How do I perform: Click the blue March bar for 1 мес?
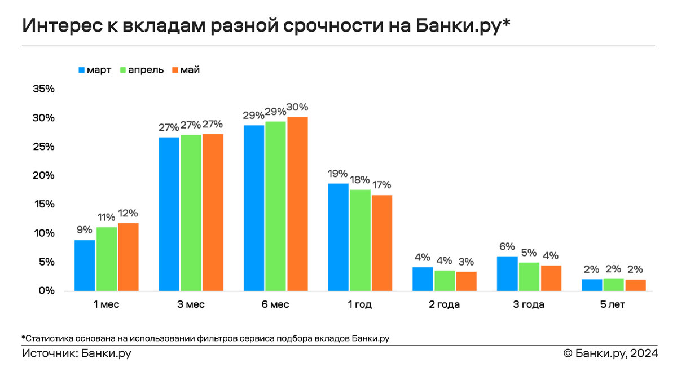coord(85,266)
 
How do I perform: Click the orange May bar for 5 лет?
coord(635,285)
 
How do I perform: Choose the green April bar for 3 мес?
coord(191,213)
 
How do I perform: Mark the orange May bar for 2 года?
coord(467,281)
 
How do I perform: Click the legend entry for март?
coord(95,70)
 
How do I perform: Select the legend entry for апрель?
coord(140,70)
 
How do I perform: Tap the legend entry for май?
coord(186,70)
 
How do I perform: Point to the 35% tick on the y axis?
coord(43,89)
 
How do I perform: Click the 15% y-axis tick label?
coord(43,204)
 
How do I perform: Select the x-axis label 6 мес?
coord(276,305)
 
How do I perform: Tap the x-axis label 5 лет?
coord(614,305)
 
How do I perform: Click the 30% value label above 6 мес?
coord(297,107)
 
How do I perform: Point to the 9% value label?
coord(85,230)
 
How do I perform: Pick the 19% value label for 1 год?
coord(338,174)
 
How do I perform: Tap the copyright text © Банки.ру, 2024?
coord(610,353)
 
